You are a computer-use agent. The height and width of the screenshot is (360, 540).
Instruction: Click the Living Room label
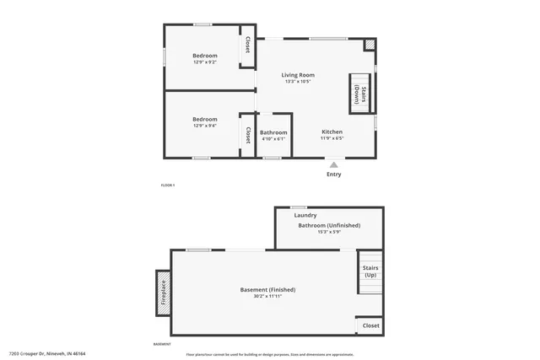click(298, 75)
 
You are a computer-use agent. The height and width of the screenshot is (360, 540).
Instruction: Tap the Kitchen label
click(332, 132)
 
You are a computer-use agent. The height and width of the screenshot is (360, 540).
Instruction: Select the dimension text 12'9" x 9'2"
click(205, 62)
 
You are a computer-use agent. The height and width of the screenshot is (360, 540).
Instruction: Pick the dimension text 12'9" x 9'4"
click(205, 126)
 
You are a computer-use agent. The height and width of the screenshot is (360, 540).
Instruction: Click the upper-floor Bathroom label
click(273, 132)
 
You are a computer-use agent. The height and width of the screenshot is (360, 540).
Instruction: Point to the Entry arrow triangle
click(334, 165)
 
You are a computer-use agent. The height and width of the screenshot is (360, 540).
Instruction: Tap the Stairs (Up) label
click(370, 271)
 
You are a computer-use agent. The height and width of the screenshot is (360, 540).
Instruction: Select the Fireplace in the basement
click(163, 293)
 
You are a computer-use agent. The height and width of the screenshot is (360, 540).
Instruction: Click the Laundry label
click(305, 215)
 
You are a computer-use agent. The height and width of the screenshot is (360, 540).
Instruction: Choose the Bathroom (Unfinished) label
click(329, 225)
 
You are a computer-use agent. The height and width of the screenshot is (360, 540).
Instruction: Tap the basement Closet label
click(370, 325)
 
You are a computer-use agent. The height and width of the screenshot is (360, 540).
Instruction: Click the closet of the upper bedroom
click(247, 45)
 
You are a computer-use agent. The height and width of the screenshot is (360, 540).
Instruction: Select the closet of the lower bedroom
click(247, 134)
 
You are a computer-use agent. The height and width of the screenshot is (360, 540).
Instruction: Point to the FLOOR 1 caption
click(168, 185)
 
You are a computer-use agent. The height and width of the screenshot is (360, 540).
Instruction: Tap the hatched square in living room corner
click(370, 44)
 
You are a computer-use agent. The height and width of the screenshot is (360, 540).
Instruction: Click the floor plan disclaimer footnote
click(270, 355)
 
